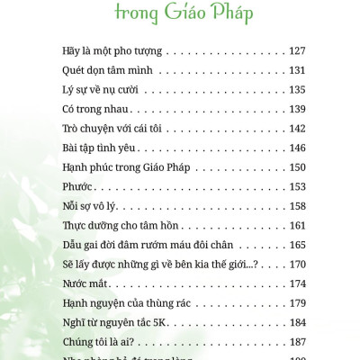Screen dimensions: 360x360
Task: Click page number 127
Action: (x=298, y=50)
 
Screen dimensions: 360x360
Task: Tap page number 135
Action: (x=298, y=89)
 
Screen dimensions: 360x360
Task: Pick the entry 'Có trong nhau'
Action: (x=95, y=108)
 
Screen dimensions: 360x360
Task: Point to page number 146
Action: (x=298, y=148)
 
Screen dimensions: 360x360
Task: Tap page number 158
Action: (x=298, y=206)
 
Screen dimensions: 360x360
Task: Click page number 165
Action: (x=298, y=245)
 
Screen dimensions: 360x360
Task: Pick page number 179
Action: (x=298, y=303)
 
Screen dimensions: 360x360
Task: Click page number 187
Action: (x=298, y=342)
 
